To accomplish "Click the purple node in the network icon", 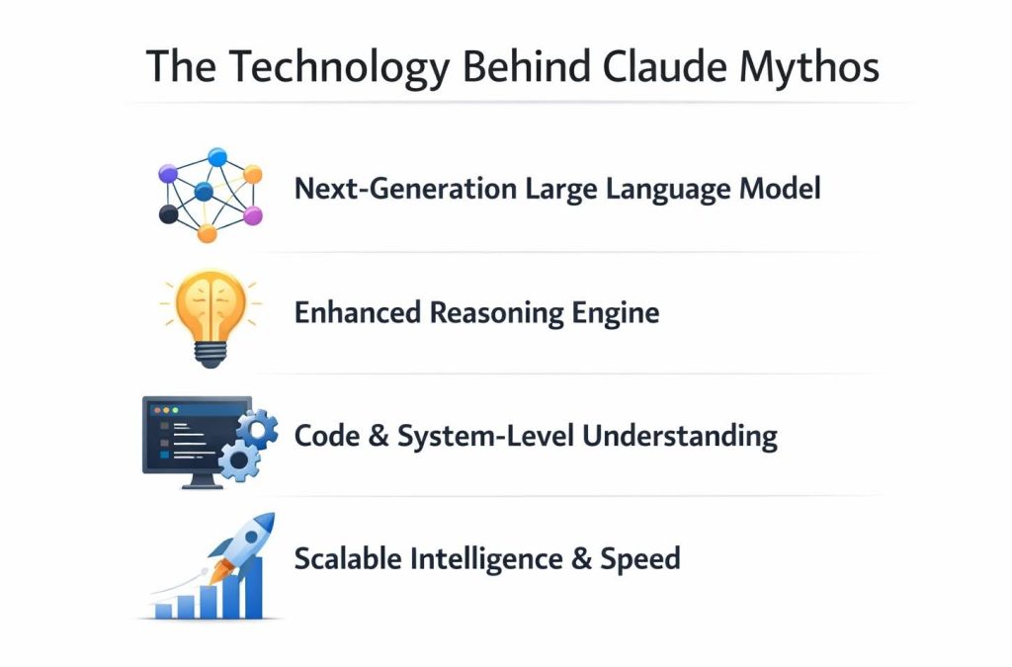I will point(168,174).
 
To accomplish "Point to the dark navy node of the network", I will point(168,214).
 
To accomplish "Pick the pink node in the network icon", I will point(253,214).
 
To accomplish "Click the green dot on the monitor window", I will point(174,408).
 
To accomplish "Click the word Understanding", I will point(679,436).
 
